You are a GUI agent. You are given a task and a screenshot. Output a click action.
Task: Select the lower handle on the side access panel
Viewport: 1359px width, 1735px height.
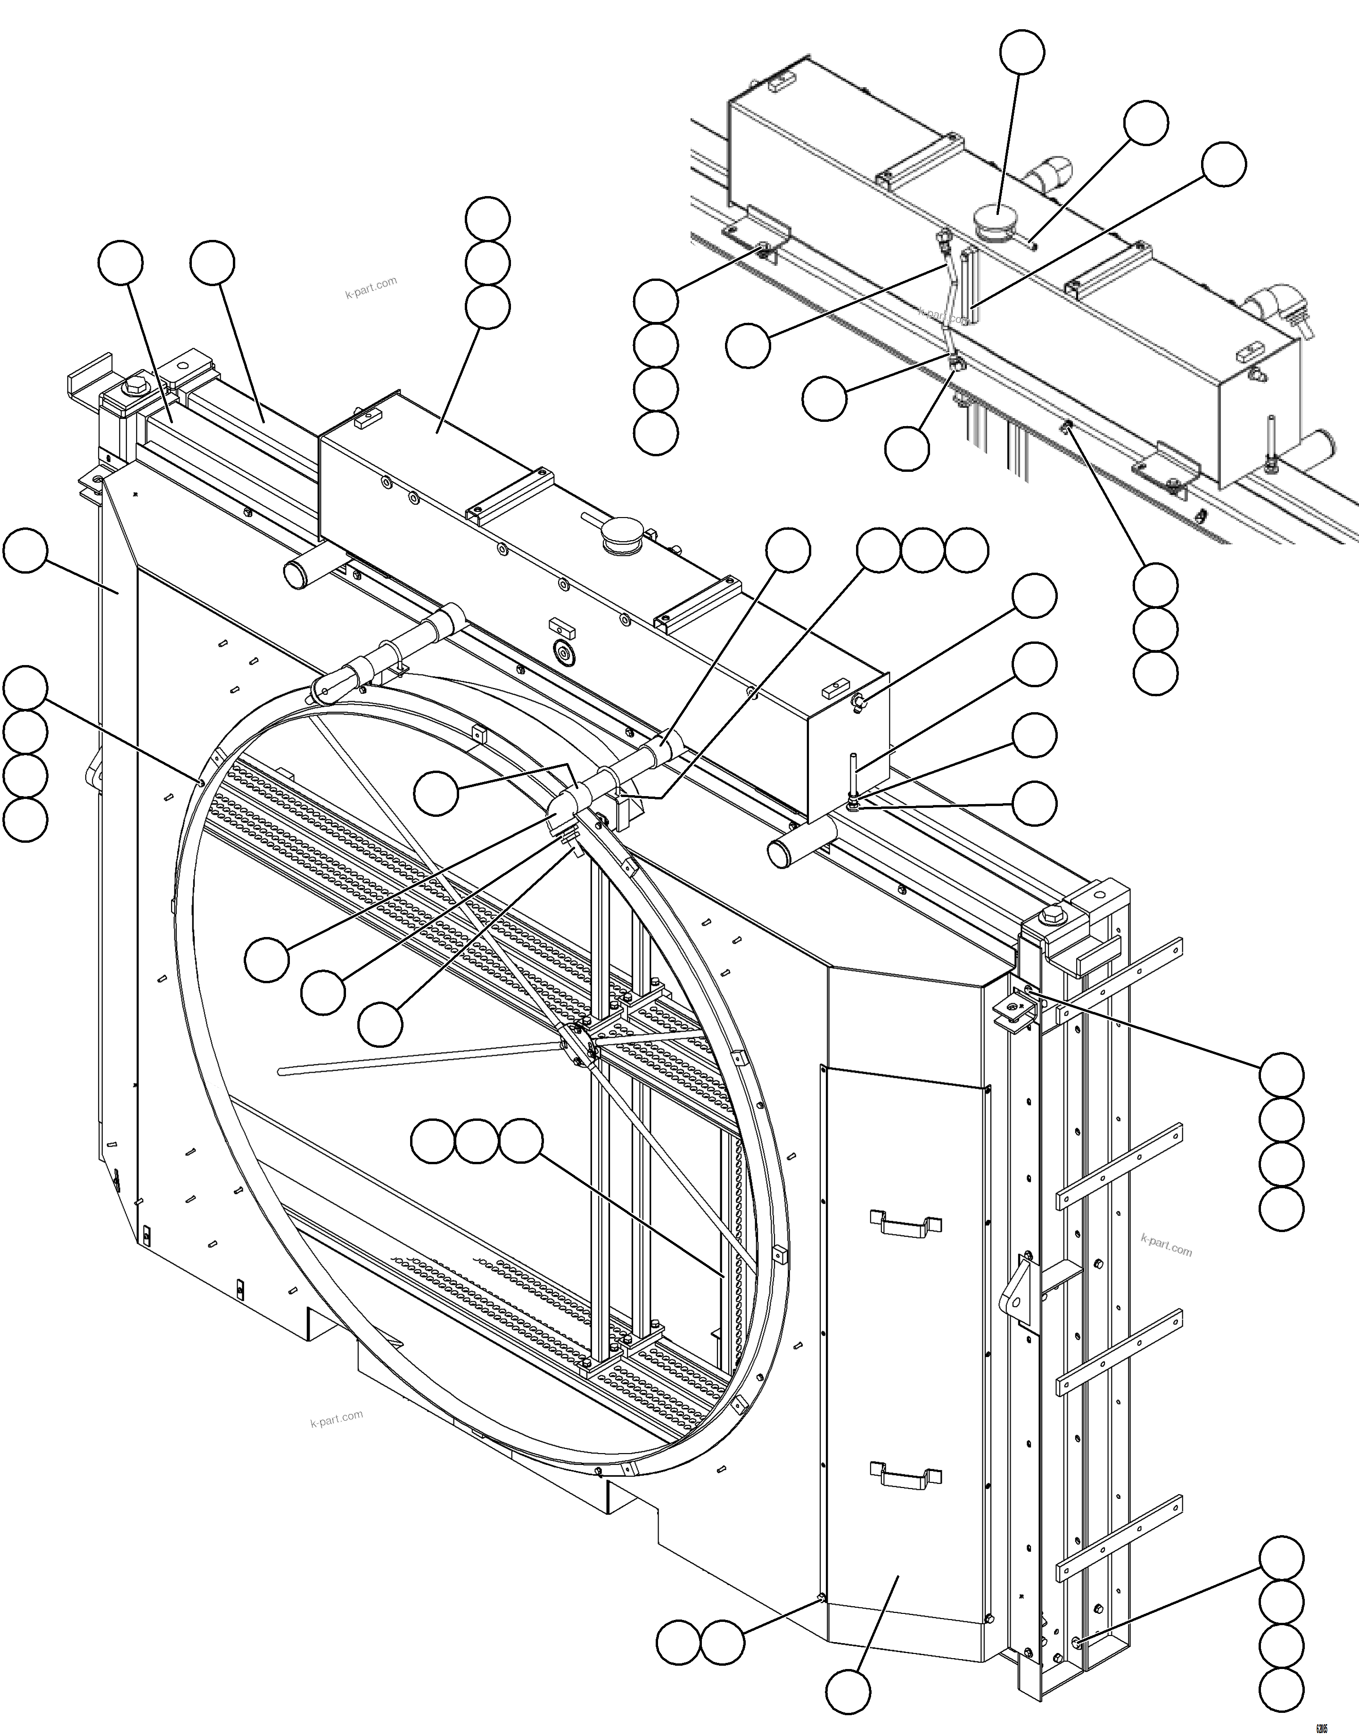(906, 1474)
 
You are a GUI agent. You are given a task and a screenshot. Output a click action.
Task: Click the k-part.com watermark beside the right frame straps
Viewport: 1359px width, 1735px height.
(1166, 1244)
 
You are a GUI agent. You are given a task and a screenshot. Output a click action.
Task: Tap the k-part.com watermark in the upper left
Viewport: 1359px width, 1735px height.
(371, 287)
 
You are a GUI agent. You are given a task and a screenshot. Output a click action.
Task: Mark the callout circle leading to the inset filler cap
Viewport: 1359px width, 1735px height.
(1021, 52)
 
